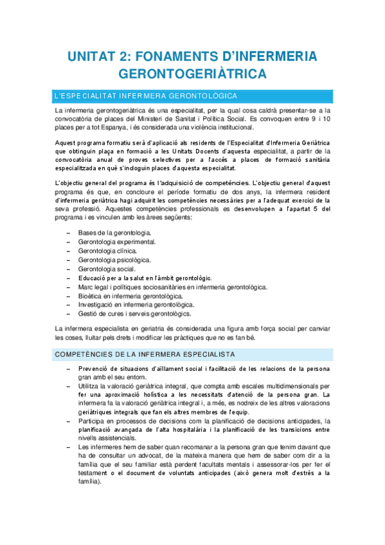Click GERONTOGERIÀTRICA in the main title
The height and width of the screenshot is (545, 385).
click(x=192, y=75)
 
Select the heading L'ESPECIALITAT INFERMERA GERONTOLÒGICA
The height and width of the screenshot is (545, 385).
click(x=147, y=96)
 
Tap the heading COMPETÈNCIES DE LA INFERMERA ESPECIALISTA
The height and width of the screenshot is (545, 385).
click(x=145, y=354)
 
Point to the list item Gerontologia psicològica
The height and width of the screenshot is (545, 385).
click(x=114, y=260)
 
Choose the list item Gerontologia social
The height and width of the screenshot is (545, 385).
click(x=107, y=269)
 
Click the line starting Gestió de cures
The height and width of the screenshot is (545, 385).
click(x=134, y=314)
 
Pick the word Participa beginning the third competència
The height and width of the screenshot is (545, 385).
click(x=93, y=420)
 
